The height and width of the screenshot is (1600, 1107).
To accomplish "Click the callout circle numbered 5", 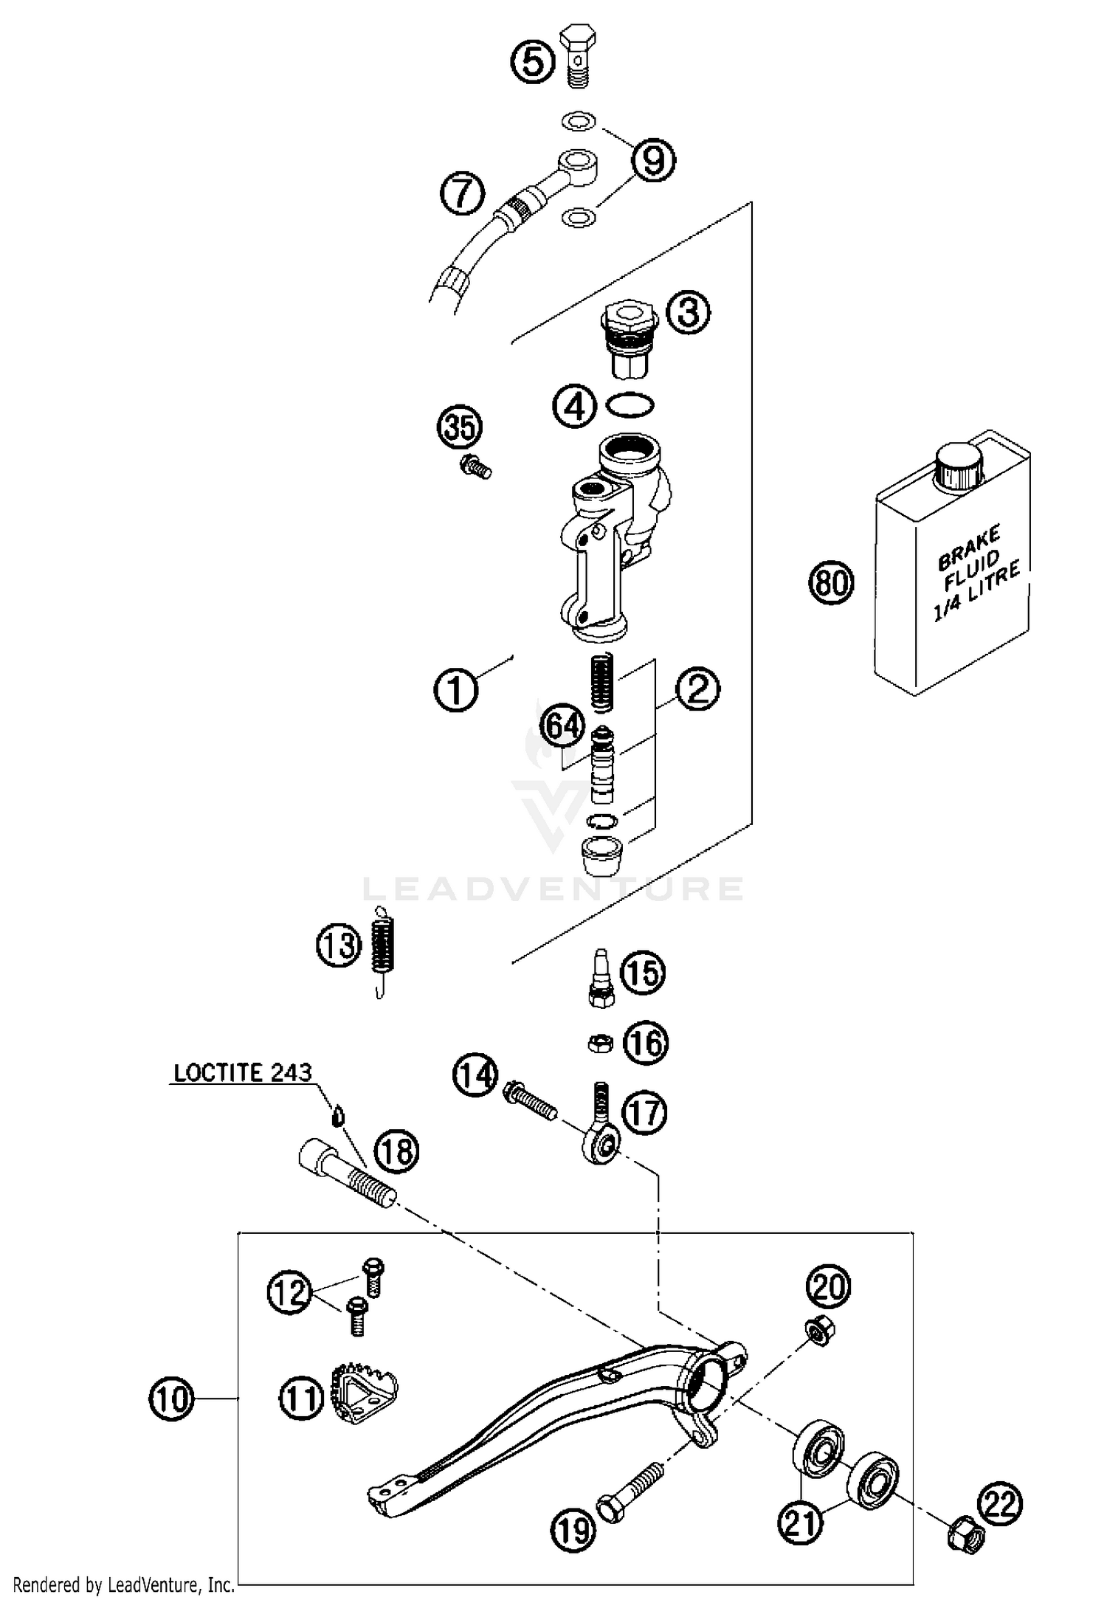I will coord(533,61).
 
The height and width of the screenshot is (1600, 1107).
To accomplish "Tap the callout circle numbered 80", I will coord(830,583).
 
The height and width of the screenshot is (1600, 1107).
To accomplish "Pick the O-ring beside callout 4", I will coord(629,405).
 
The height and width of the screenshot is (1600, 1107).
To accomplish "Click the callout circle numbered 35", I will coord(460,427).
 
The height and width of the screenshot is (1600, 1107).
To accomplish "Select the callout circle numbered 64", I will coord(562,726).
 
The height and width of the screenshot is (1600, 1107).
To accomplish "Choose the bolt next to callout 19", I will coord(626,1489).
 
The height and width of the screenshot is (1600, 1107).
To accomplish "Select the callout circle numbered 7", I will coord(462,193).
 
